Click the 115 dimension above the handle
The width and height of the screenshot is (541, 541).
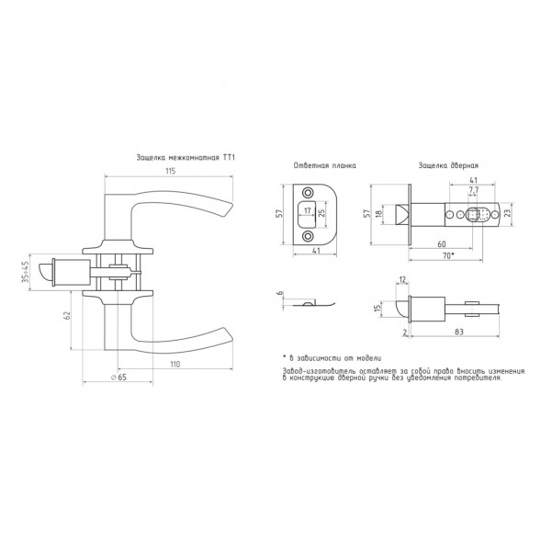(171, 171)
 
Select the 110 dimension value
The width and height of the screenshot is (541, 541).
(175, 364)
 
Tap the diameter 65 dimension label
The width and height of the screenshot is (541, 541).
(118, 378)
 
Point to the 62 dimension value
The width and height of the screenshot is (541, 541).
(67, 315)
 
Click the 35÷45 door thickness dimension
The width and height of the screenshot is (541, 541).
(25, 272)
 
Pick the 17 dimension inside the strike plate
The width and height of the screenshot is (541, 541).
(308, 210)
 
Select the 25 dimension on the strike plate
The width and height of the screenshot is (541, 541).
(321, 213)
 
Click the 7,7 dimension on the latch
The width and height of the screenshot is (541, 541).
(473, 190)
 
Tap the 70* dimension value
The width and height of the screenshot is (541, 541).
(448, 255)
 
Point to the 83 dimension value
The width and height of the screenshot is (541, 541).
(459, 332)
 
